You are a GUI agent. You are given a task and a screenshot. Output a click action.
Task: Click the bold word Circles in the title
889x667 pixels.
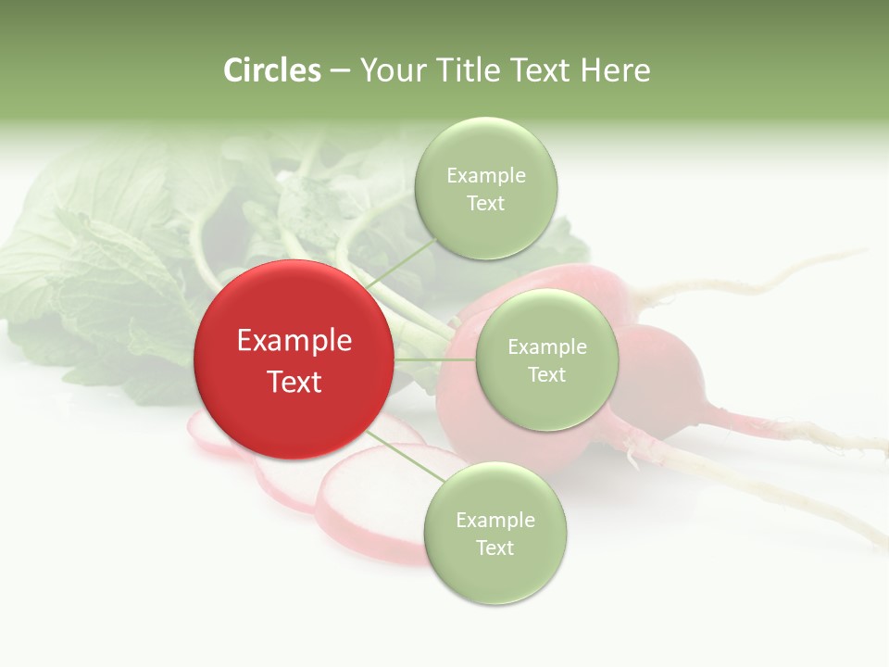(272, 70)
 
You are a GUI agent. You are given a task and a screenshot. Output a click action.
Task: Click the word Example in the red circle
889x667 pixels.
(294, 341)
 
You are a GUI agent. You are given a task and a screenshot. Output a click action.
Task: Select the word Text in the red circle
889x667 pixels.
(294, 382)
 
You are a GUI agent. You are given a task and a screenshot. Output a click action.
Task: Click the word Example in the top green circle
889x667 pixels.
(486, 175)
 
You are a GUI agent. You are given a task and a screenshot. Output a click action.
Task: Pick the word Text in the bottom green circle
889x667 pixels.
(495, 547)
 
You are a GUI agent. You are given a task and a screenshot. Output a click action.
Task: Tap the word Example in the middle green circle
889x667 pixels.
(546, 346)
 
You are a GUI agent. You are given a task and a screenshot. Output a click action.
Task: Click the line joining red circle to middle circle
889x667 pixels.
(435, 359)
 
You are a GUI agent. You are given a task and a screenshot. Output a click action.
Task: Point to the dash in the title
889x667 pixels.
(340, 71)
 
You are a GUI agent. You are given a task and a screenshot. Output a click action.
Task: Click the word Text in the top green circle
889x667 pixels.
(486, 203)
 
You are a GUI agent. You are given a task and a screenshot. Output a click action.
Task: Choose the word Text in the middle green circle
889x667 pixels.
(546, 374)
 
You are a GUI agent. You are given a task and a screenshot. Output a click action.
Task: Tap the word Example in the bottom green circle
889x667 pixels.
(495, 520)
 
